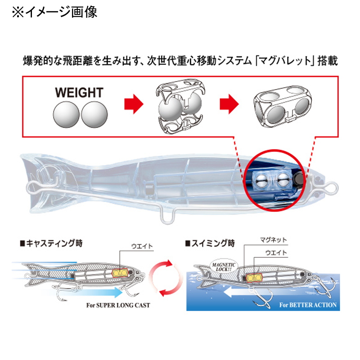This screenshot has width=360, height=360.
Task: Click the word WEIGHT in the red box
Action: tap(79, 93)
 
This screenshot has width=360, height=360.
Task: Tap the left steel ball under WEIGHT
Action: tap(66, 114)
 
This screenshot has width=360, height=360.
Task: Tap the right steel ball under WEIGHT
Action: tap(94, 114)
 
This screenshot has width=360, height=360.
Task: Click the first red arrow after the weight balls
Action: tap(134, 104)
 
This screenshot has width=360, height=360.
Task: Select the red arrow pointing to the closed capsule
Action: tap(229, 104)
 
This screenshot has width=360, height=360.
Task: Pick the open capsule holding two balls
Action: tap(180, 106)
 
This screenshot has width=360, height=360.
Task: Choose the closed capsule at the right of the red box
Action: tap(283, 104)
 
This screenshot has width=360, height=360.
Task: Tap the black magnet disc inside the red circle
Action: tap(299, 180)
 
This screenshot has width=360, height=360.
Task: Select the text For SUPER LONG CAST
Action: tap(118, 305)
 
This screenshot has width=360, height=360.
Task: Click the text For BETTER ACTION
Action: tap(308, 305)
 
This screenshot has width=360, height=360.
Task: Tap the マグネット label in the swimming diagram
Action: tap(273, 240)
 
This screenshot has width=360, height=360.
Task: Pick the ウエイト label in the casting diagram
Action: tap(142, 246)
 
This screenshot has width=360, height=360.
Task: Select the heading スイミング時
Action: tap(210, 243)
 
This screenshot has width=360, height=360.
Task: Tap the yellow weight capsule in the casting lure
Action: tap(120, 273)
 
